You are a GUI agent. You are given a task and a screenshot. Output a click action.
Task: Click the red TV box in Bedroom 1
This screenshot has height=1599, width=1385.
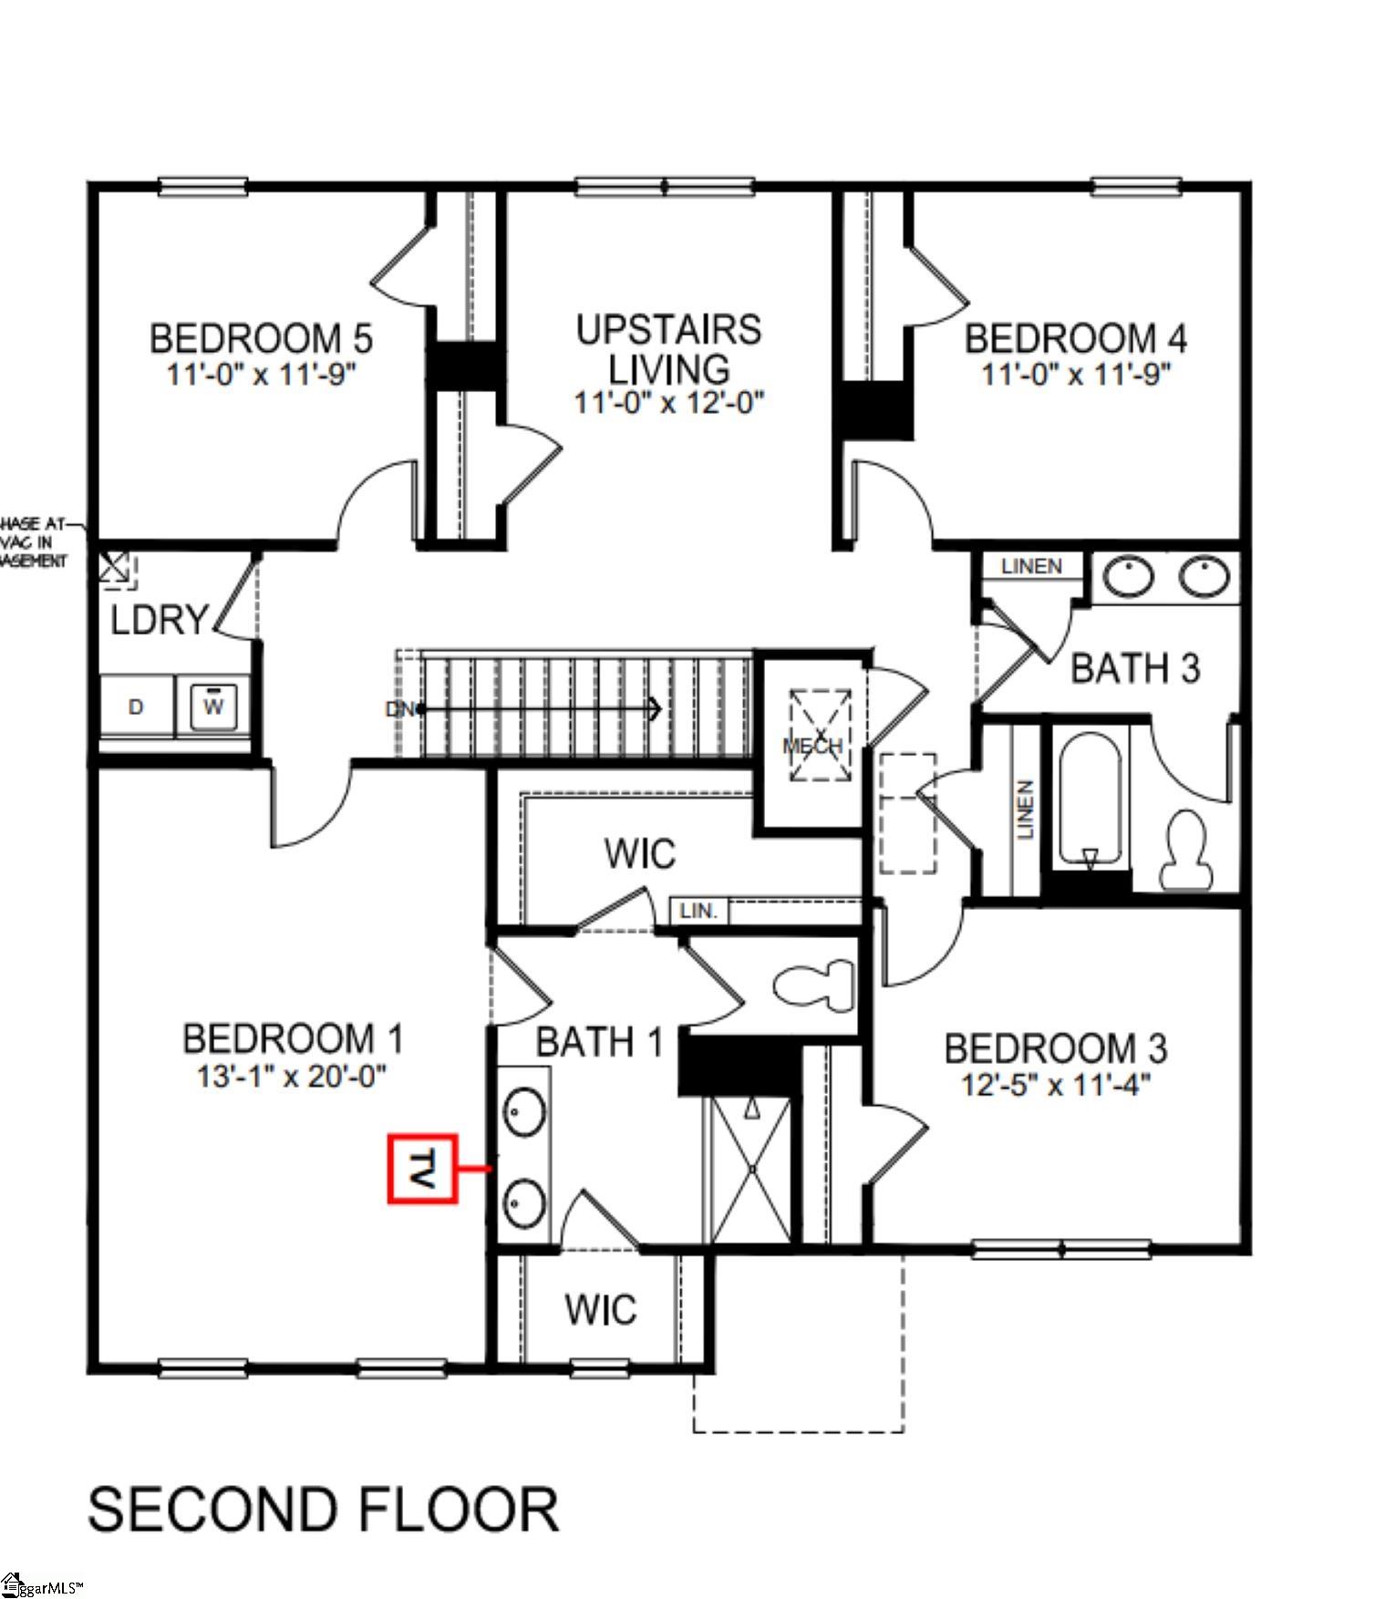[422, 1168]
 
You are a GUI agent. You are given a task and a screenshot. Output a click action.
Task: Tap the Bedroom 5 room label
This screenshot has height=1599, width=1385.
[261, 338]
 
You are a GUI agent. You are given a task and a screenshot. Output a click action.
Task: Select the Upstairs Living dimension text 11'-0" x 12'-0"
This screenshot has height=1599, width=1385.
[668, 402]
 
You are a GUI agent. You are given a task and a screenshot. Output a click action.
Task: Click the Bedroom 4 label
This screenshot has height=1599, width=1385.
[1075, 338]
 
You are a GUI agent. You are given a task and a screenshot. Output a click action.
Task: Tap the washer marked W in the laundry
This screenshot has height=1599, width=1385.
[214, 707]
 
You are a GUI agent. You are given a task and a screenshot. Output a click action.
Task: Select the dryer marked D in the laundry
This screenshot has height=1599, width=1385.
[136, 707]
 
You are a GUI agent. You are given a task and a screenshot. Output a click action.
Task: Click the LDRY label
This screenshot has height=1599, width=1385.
[160, 620]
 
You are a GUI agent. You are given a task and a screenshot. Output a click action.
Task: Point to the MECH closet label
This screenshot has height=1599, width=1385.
[812, 747]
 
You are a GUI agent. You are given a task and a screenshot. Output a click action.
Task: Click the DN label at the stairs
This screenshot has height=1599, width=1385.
[398, 708]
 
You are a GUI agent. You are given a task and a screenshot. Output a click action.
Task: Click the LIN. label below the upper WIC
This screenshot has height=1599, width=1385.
[699, 910]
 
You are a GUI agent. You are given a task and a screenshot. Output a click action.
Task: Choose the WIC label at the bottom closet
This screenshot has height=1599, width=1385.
[600, 1310]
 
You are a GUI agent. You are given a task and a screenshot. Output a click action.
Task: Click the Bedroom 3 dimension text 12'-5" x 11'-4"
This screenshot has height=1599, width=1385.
[1055, 1085]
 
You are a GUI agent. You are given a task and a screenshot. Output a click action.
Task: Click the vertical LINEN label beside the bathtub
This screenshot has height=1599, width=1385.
[1025, 810]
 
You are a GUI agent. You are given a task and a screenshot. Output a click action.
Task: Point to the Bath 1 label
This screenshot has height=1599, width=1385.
[599, 1042]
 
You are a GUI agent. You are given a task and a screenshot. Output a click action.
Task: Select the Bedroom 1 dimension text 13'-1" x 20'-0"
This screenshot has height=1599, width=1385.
[292, 1076]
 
